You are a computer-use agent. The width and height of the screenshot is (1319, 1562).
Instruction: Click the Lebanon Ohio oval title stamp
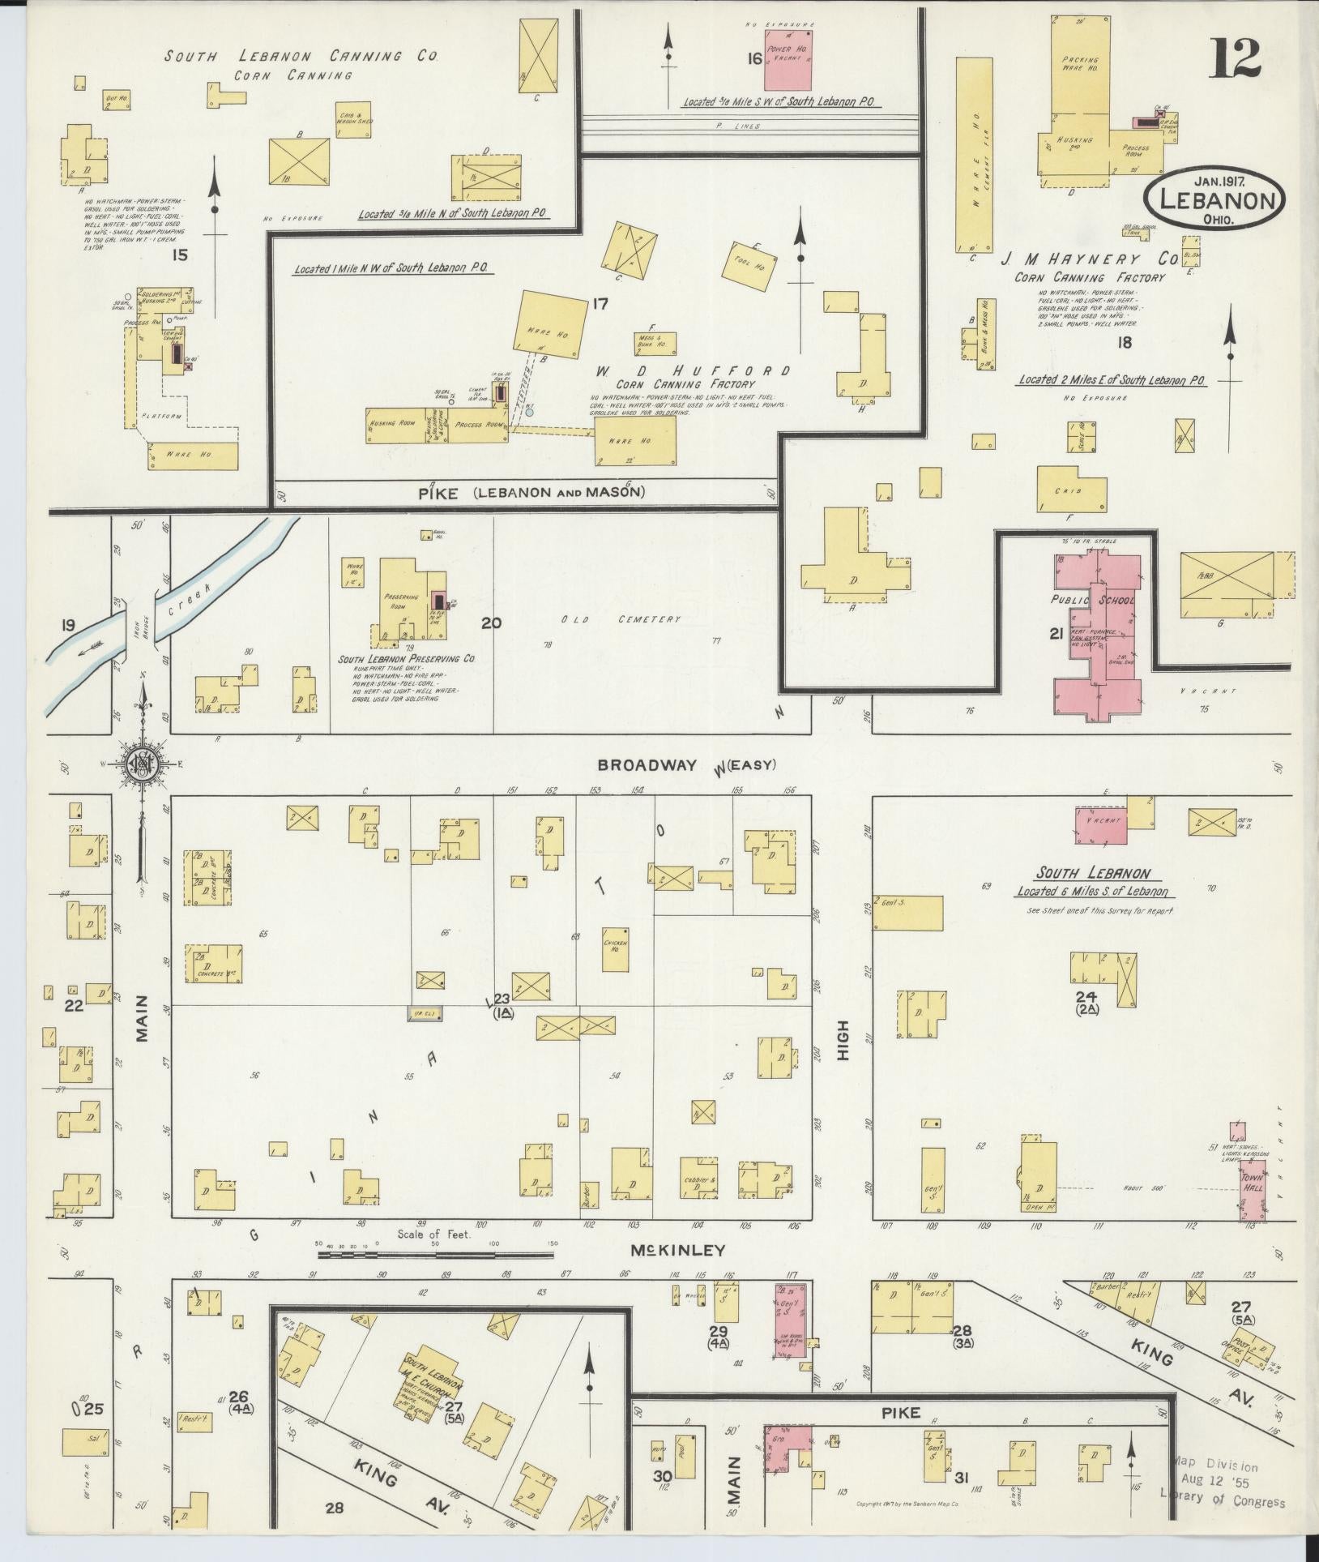click(1214, 199)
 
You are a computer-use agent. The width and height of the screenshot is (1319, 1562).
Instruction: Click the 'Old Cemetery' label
click(621, 619)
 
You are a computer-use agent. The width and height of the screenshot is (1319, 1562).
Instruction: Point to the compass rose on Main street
click(143, 763)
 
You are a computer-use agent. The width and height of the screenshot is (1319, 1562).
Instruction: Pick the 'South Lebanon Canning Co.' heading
click(302, 57)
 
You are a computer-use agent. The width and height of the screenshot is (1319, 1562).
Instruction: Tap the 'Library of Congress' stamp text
click(1222, 1502)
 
